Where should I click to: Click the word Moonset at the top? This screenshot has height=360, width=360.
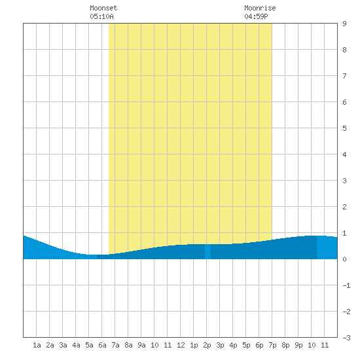[103, 8]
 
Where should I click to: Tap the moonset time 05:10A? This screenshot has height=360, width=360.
[101, 16]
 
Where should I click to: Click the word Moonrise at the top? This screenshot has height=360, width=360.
[260, 8]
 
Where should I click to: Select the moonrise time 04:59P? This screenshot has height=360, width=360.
[256, 16]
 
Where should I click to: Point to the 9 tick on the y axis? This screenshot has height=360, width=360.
[344, 24]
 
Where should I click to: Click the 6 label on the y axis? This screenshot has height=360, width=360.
[344, 102]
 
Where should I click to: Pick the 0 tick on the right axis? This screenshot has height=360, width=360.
[344, 259]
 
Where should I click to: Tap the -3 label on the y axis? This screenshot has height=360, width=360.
[346, 338]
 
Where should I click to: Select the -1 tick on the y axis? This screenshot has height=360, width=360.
[346, 285]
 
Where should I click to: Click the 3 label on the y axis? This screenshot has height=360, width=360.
[344, 181]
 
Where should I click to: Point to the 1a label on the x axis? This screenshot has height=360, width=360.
[37, 345]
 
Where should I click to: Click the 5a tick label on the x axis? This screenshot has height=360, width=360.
[89, 345]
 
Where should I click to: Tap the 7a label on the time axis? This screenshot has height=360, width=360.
[115, 345]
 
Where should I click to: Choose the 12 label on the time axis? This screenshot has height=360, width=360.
[181, 345]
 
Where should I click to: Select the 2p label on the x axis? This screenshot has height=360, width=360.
[207, 345]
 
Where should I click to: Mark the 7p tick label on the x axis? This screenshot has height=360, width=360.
[272, 345]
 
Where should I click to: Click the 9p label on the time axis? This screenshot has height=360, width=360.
[298, 345]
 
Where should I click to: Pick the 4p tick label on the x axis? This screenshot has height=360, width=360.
[233, 345]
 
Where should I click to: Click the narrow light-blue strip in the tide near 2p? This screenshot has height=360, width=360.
[207, 251]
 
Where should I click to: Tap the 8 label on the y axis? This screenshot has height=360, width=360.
[344, 50]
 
